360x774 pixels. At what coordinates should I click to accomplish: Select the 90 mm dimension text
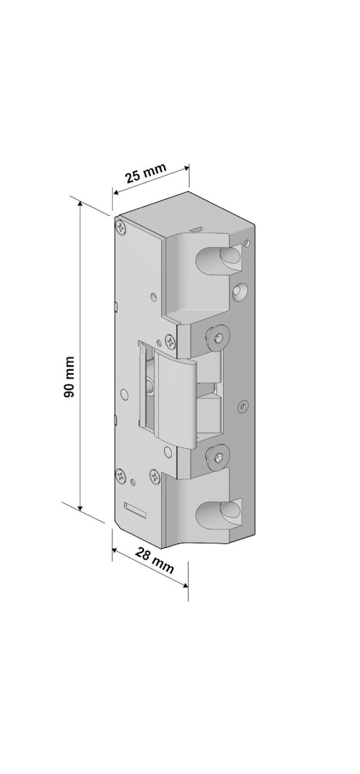[x=70, y=378]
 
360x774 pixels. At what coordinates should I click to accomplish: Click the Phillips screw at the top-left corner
[x=121, y=227]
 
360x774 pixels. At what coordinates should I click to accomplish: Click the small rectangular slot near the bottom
[x=135, y=510]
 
